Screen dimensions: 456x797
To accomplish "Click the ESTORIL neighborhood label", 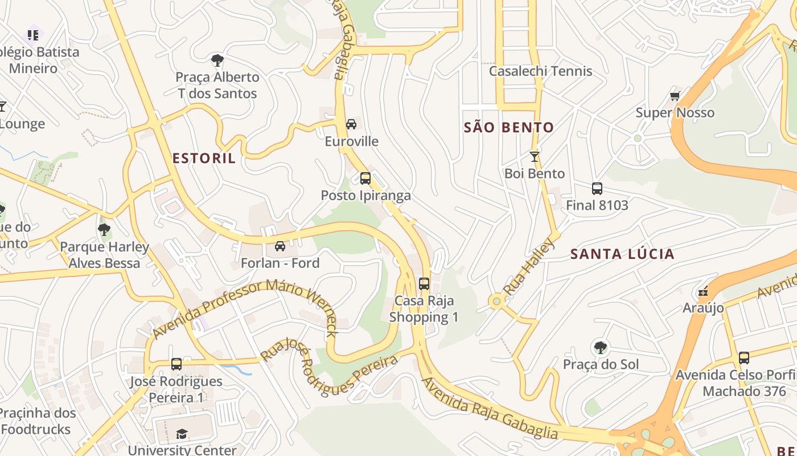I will pyautogui.click(x=204, y=158).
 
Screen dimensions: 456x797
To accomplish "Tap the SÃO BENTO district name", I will pyautogui.click(x=509, y=128).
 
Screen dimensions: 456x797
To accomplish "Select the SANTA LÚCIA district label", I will pyautogui.click(x=622, y=254).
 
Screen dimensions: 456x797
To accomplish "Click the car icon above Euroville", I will pyautogui.click(x=351, y=124).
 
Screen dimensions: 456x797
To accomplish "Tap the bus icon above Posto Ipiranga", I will pyautogui.click(x=365, y=178).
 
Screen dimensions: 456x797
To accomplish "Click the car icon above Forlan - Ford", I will pyautogui.click(x=280, y=246).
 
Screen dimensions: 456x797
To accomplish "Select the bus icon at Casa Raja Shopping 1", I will pyautogui.click(x=424, y=284).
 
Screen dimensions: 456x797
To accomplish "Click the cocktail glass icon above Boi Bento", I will pyautogui.click(x=534, y=157).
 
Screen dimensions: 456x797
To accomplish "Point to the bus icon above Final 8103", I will pyautogui.click(x=597, y=189).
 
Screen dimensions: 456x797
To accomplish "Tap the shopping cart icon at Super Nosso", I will pyautogui.click(x=675, y=96).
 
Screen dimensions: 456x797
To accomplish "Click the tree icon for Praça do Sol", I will pyautogui.click(x=600, y=347).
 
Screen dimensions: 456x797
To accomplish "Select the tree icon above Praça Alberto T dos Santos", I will pyautogui.click(x=217, y=60).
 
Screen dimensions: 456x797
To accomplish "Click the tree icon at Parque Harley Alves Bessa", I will pyautogui.click(x=104, y=230).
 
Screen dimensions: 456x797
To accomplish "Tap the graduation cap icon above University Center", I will pyautogui.click(x=182, y=434).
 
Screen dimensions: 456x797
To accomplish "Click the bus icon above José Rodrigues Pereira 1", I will pyautogui.click(x=176, y=364).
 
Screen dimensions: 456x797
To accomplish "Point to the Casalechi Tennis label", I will pyautogui.click(x=540, y=71).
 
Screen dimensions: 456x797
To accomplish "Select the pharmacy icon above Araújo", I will pyautogui.click(x=703, y=292).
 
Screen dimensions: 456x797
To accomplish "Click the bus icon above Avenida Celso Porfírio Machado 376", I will pyautogui.click(x=743, y=358).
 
